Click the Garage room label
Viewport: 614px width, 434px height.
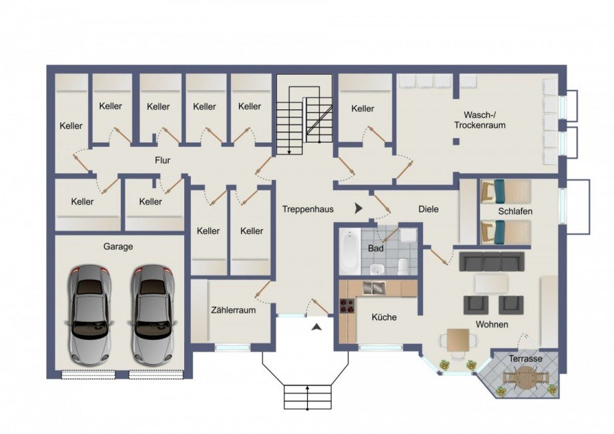[118, 246]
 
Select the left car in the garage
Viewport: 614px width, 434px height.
[89, 313]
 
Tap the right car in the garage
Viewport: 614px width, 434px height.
[152, 313]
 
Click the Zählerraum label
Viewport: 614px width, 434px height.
[234, 310]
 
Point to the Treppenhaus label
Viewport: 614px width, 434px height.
[308, 209]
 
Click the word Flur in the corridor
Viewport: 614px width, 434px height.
[162, 161]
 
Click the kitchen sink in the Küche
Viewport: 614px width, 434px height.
[374, 288]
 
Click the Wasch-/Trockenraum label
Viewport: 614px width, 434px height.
[479, 119]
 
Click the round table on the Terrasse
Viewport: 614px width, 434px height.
[527, 379]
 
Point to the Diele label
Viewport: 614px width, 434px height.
[428, 209]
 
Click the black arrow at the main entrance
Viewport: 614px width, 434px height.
[318, 326]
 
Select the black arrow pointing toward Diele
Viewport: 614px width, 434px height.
[358, 209]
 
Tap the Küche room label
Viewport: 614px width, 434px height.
[384, 317]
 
